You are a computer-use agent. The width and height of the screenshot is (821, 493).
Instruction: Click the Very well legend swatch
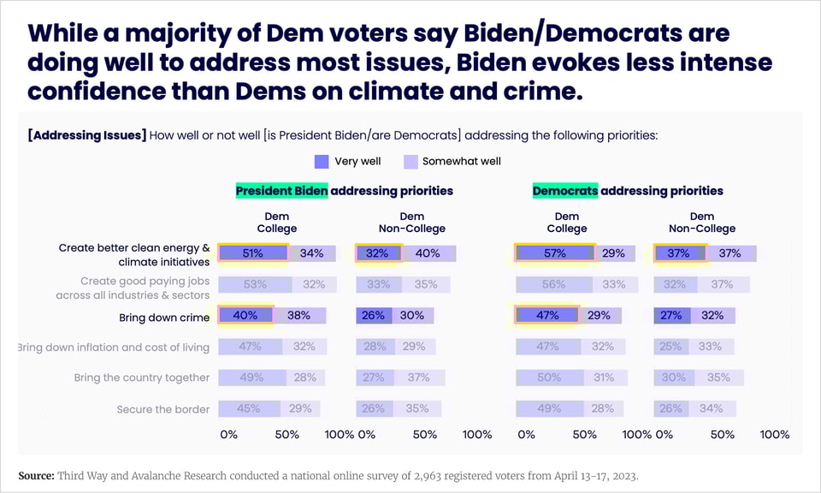coord(322,161)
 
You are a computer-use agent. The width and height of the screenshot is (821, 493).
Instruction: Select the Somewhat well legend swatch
coord(410,161)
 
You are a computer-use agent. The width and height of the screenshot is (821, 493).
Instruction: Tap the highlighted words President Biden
coord(282,191)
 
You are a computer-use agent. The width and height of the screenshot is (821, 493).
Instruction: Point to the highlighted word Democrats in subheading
coord(564,191)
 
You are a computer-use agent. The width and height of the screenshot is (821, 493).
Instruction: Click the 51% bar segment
coord(253,253)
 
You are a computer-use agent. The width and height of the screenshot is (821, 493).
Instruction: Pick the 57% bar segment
coord(556,253)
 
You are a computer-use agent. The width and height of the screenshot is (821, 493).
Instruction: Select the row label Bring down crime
coord(164,318)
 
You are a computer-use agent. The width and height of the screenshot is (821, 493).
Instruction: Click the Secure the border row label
coord(163,409)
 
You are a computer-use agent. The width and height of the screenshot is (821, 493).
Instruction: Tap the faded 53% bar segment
coord(255,284)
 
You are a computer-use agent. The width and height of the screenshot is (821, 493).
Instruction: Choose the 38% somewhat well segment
coord(299,315)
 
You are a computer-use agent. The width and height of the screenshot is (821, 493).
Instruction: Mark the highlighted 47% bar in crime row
coord(547,315)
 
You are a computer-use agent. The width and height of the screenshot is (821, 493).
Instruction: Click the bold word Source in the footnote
coord(37,475)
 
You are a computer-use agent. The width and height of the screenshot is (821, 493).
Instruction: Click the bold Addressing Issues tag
coord(87,135)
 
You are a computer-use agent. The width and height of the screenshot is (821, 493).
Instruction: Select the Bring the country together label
coord(142,377)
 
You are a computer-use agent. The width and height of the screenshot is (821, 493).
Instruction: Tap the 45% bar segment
coord(249,409)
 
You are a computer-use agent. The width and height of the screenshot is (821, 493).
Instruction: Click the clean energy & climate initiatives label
coord(134,255)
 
